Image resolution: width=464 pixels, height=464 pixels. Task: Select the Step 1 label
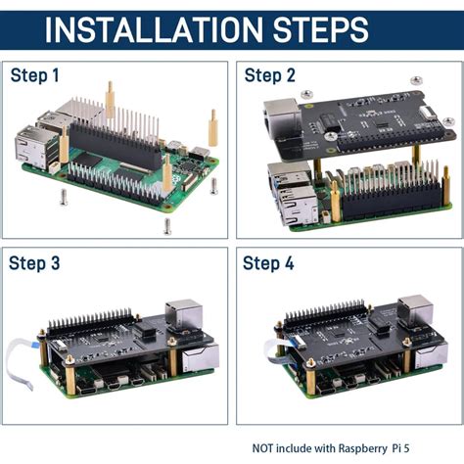(x=35, y=75)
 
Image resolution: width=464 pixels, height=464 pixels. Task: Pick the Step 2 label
(x=268, y=75)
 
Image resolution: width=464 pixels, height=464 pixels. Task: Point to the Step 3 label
(x=35, y=263)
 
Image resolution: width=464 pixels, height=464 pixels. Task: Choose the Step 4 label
(x=268, y=263)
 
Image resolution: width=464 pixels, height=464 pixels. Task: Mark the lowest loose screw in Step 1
(x=167, y=226)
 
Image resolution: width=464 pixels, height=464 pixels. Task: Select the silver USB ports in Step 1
(x=29, y=147)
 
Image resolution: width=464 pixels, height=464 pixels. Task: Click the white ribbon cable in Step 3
(x=22, y=358)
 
